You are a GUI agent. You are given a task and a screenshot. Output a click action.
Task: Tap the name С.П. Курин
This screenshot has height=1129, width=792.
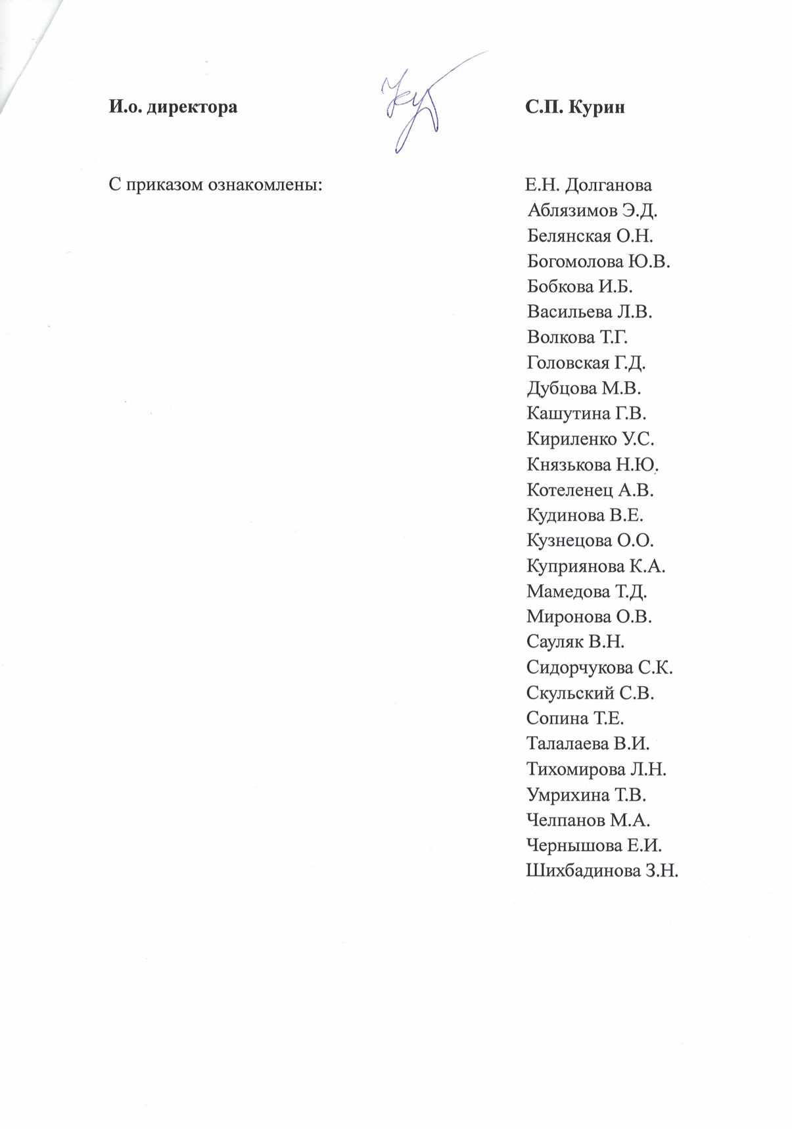click(574, 107)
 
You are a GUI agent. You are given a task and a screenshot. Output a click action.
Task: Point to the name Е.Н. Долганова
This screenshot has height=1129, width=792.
click(588, 185)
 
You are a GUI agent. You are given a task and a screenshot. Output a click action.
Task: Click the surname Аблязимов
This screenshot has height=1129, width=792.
click(572, 210)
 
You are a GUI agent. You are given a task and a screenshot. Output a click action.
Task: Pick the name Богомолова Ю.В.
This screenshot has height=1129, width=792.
click(598, 262)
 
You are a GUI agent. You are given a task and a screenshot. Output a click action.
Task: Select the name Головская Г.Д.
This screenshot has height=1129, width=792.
click(586, 363)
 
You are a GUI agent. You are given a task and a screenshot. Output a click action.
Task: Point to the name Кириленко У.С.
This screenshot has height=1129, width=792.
click(590, 439)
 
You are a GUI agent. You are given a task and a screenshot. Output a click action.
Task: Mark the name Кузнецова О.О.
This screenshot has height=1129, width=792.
click(590, 541)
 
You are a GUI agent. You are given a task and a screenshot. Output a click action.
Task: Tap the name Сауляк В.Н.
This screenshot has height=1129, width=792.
click(575, 643)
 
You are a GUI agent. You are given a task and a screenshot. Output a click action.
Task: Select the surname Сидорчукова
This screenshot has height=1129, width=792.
click(580, 668)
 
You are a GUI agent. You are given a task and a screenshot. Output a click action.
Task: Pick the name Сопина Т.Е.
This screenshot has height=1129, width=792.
click(575, 719)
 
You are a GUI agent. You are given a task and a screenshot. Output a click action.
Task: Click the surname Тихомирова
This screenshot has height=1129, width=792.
click(576, 770)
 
